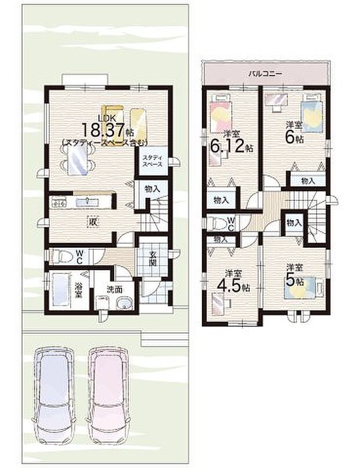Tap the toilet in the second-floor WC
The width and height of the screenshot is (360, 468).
click(217, 222)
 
